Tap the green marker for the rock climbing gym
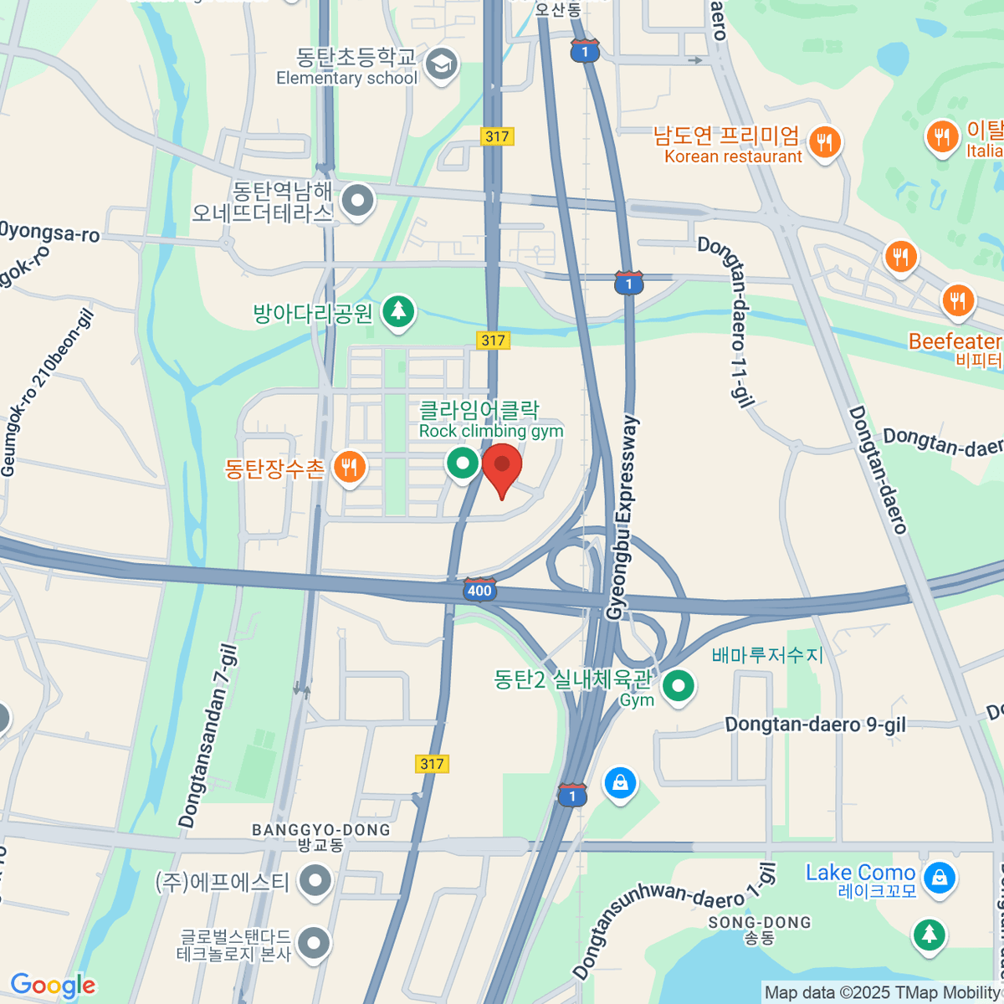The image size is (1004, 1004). point(462,463)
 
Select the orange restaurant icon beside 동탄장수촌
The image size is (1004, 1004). point(349,467)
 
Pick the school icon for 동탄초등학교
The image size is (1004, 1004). point(441,64)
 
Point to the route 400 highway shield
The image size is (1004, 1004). point(479,590)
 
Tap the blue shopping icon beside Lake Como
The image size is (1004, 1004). point(940,878)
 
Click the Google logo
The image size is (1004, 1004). point(53,985)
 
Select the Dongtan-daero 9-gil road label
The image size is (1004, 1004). point(815,725)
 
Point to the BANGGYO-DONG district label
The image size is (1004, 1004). point(321,830)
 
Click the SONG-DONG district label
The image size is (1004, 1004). point(760,922)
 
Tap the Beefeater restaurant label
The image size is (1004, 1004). point(955,341)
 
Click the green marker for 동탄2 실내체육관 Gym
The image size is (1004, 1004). point(679,687)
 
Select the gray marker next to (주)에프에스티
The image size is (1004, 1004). point(316,881)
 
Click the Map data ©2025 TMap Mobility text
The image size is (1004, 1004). point(883,992)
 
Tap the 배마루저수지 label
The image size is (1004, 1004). point(767,654)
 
